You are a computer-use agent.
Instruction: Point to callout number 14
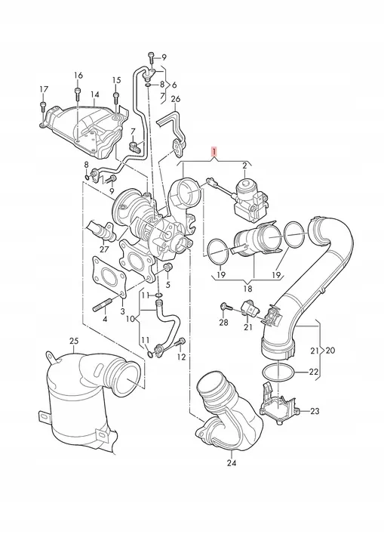tap(94, 95)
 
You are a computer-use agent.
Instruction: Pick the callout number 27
tap(104, 248)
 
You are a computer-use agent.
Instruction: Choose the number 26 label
tap(176, 99)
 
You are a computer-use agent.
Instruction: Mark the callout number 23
tap(315, 411)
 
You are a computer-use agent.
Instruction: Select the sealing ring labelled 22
tap(276, 372)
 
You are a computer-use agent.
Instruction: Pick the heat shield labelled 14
tap(79, 122)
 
